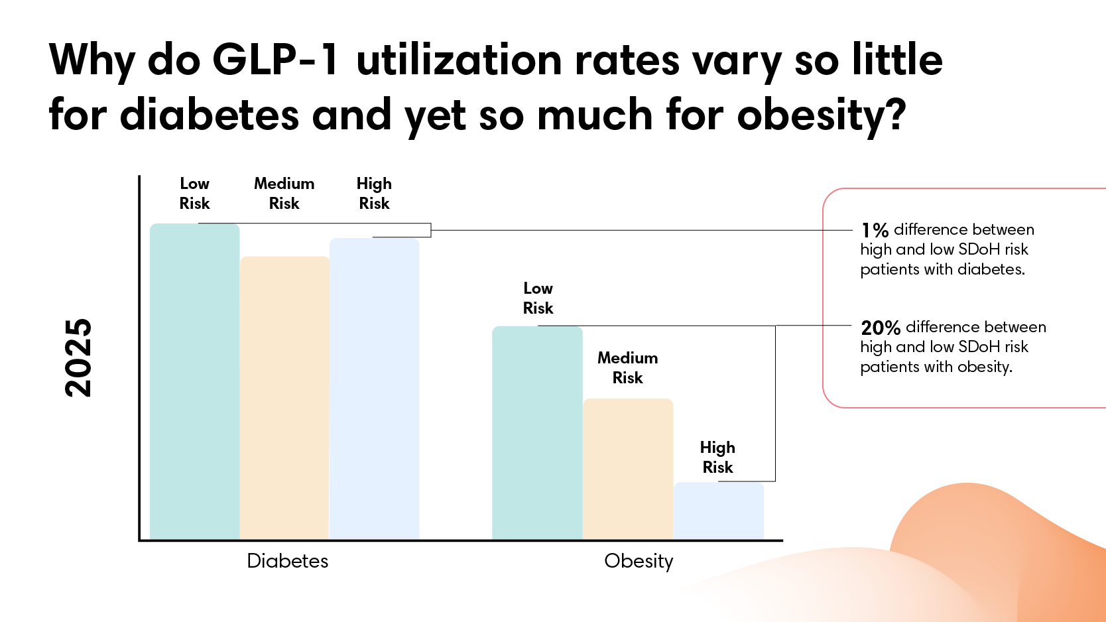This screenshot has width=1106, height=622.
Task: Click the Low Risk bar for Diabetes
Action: point(194,381)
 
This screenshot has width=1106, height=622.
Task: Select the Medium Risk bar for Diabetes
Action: point(284,398)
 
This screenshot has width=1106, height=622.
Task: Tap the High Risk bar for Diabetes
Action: point(375,389)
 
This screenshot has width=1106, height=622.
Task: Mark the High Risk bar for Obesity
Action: point(719,511)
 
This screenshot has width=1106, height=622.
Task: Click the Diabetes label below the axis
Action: point(287,561)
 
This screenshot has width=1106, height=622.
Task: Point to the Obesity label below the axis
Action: point(639,561)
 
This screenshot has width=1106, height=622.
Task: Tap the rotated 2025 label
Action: point(78,358)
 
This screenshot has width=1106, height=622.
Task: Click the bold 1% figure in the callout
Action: point(875,230)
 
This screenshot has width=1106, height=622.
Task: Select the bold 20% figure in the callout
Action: point(880,328)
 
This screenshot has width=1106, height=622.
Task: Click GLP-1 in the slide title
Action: point(275,60)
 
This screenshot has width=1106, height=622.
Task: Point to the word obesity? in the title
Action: point(821,115)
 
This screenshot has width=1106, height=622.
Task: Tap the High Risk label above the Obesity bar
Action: point(717,458)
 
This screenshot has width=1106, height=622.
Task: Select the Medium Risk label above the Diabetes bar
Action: point(284,194)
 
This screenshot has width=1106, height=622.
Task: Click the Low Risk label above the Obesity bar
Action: point(538,298)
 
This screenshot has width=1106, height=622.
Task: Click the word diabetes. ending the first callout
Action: point(991,269)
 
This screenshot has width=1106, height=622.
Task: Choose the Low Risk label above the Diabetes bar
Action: point(194,194)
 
